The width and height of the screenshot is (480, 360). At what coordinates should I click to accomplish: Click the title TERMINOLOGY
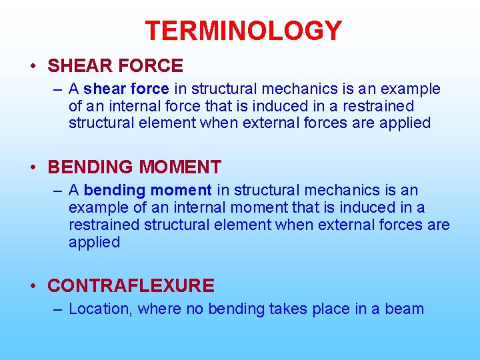click(x=243, y=31)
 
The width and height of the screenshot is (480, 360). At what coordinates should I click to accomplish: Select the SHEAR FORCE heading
click(x=115, y=65)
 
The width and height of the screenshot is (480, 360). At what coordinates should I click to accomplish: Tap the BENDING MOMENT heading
click(x=135, y=167)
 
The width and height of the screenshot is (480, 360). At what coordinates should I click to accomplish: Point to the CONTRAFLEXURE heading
click(x=131, y=286)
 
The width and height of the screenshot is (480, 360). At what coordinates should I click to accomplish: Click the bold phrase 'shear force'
click(x=127, y=89)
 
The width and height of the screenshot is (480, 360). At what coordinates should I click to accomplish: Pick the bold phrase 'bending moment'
click(x=148, y=191)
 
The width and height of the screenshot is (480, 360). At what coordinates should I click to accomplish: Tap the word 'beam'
click(x=404, y=309)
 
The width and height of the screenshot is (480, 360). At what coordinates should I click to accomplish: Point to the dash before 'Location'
click(x=58, y=309)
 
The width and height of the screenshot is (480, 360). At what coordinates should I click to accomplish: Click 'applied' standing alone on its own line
click(x=94, y=243)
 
